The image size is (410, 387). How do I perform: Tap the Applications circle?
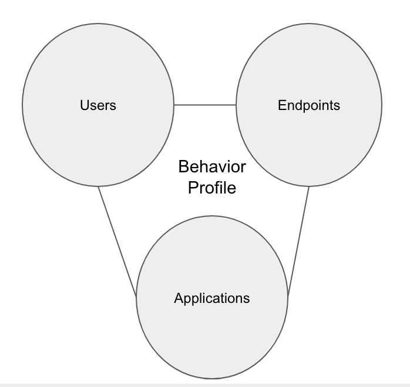pyautogui.click(x=212, y=329)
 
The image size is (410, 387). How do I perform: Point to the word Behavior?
pyautogui.click(x=212, y=167)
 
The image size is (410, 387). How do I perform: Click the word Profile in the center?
pyautogui.click(x=212, y=189)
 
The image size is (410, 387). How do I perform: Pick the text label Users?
pyautogui.click(x=98, y=105)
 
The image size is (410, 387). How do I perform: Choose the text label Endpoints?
pyautogui.click(x=309, y=105)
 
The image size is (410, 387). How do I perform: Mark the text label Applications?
pyautogui.click(x=212, y=298)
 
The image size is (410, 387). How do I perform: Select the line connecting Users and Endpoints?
pyautogui.click(x=205, y=105)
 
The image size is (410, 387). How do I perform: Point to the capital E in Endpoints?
pyautogui.click(x=281, y=105)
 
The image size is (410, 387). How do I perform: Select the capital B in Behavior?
pyautogui.click(x=183, y=167)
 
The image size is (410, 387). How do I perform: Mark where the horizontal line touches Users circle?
pyautogui.click(x=174, y=105)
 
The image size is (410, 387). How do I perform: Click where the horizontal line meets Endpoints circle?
pyautogui.click(x=236, y=105)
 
